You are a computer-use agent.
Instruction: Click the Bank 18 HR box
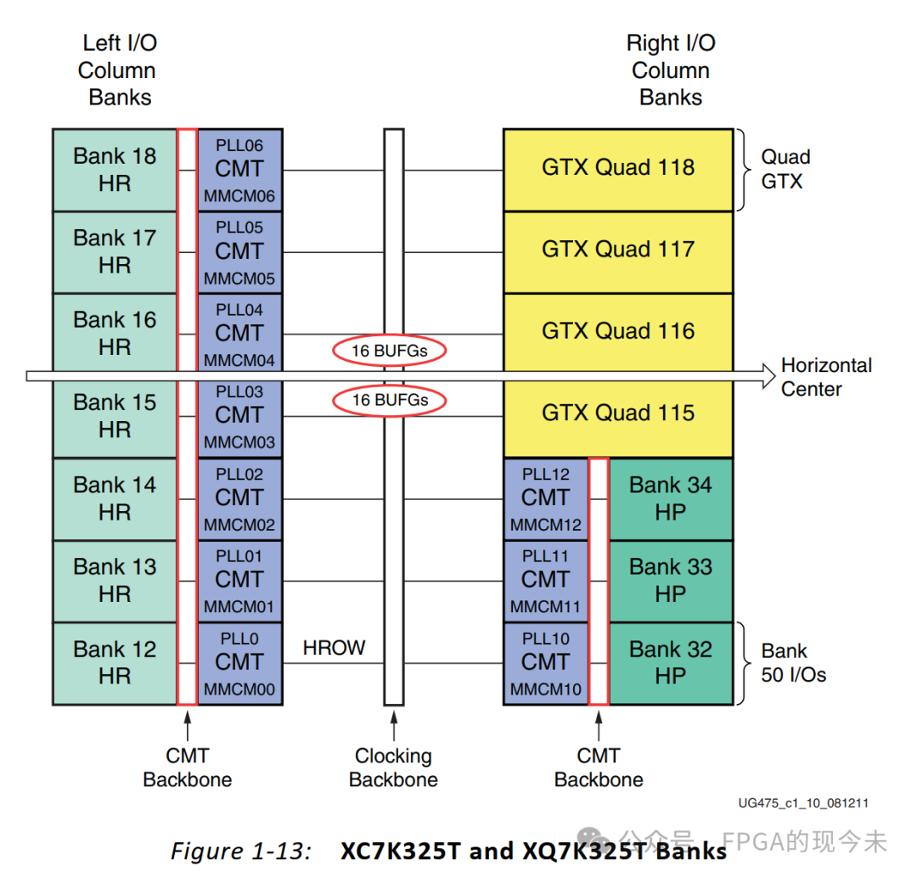click(x=115, y=170)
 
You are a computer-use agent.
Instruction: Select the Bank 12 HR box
click(x=115, y=663)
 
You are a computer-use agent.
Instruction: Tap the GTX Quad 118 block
click(x=618, y=168)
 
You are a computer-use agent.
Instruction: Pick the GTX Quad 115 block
click(x=618, y=414)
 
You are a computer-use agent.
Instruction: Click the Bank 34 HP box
click(x=670, y=498)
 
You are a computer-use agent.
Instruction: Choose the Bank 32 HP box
click(x=670, y=663)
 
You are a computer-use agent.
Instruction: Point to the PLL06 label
click(x=239, y=145)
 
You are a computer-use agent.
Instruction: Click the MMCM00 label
click(x=239, y=689)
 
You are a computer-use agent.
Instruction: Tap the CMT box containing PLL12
click(x=545, y=498)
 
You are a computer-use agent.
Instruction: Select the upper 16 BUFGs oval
click(x=390, y=350)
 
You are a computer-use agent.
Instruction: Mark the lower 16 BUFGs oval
click(x=390, y=400)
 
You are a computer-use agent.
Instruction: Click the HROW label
click(x=334, y=648)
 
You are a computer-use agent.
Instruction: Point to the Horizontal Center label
click(x=825, y=377)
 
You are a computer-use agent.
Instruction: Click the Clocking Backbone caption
click(x=393, y=768)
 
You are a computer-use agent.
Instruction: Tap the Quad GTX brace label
click(x=785, y=168)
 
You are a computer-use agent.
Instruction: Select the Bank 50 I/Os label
click(x=793, y=663)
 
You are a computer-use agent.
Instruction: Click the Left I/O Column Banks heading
click(x=119, y=70)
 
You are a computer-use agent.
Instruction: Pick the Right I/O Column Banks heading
click(x=670, y=70)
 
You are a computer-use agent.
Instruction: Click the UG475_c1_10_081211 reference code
click(x=802, y=802)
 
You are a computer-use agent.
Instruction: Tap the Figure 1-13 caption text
click(x=448, y=851)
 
